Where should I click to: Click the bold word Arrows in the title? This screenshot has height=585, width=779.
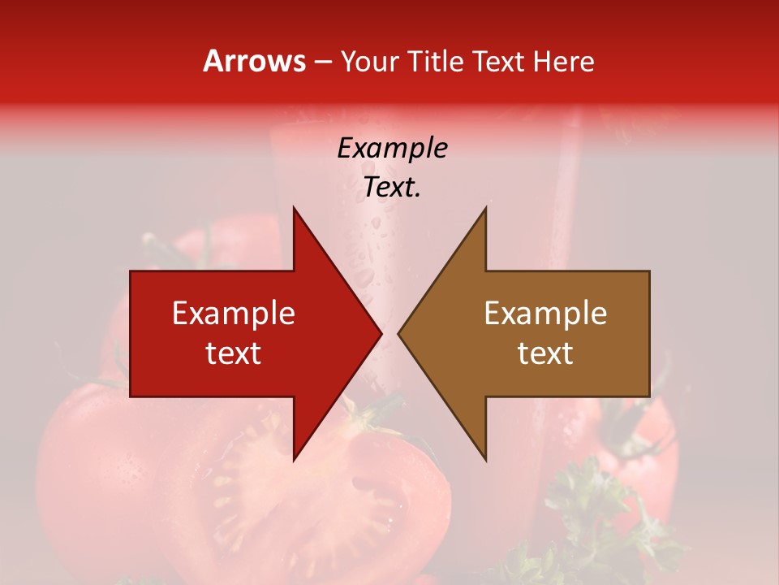pyautogui.click(x=254, y=61)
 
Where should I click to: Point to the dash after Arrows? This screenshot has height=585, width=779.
pyautogui.click(x=323, y=62)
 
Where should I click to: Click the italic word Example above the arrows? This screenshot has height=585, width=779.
pyautogui.click(x=392, y=148)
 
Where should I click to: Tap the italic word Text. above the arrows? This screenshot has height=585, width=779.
pyautogui.click(x=392, y=188)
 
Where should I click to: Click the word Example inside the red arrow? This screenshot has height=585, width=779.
pyautogui.click(x=234, y=313)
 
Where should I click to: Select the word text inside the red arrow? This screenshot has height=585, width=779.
pyautogui.click(x=234, y=353)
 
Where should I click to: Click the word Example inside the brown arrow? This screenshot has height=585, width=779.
pyautogui.click(x=545, y=313)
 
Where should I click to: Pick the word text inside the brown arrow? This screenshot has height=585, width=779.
pyautogui.click(x=545, y=353)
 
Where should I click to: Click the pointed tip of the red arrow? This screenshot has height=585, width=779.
pyautogui.click(x=381, y=333)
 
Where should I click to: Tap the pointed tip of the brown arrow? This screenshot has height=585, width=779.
pyautogui.click(x=398, y=333)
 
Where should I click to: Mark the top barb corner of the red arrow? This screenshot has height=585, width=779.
pyautogui.click(x=294, y=207)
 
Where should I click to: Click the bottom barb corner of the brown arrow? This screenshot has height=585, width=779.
pyautogui.click(x=486, y=460)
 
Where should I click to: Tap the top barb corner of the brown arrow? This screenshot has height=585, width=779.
pyautogui.click(x=486, y=207)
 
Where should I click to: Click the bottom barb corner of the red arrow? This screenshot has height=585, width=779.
pyautogui.click(x=294, y=460)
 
